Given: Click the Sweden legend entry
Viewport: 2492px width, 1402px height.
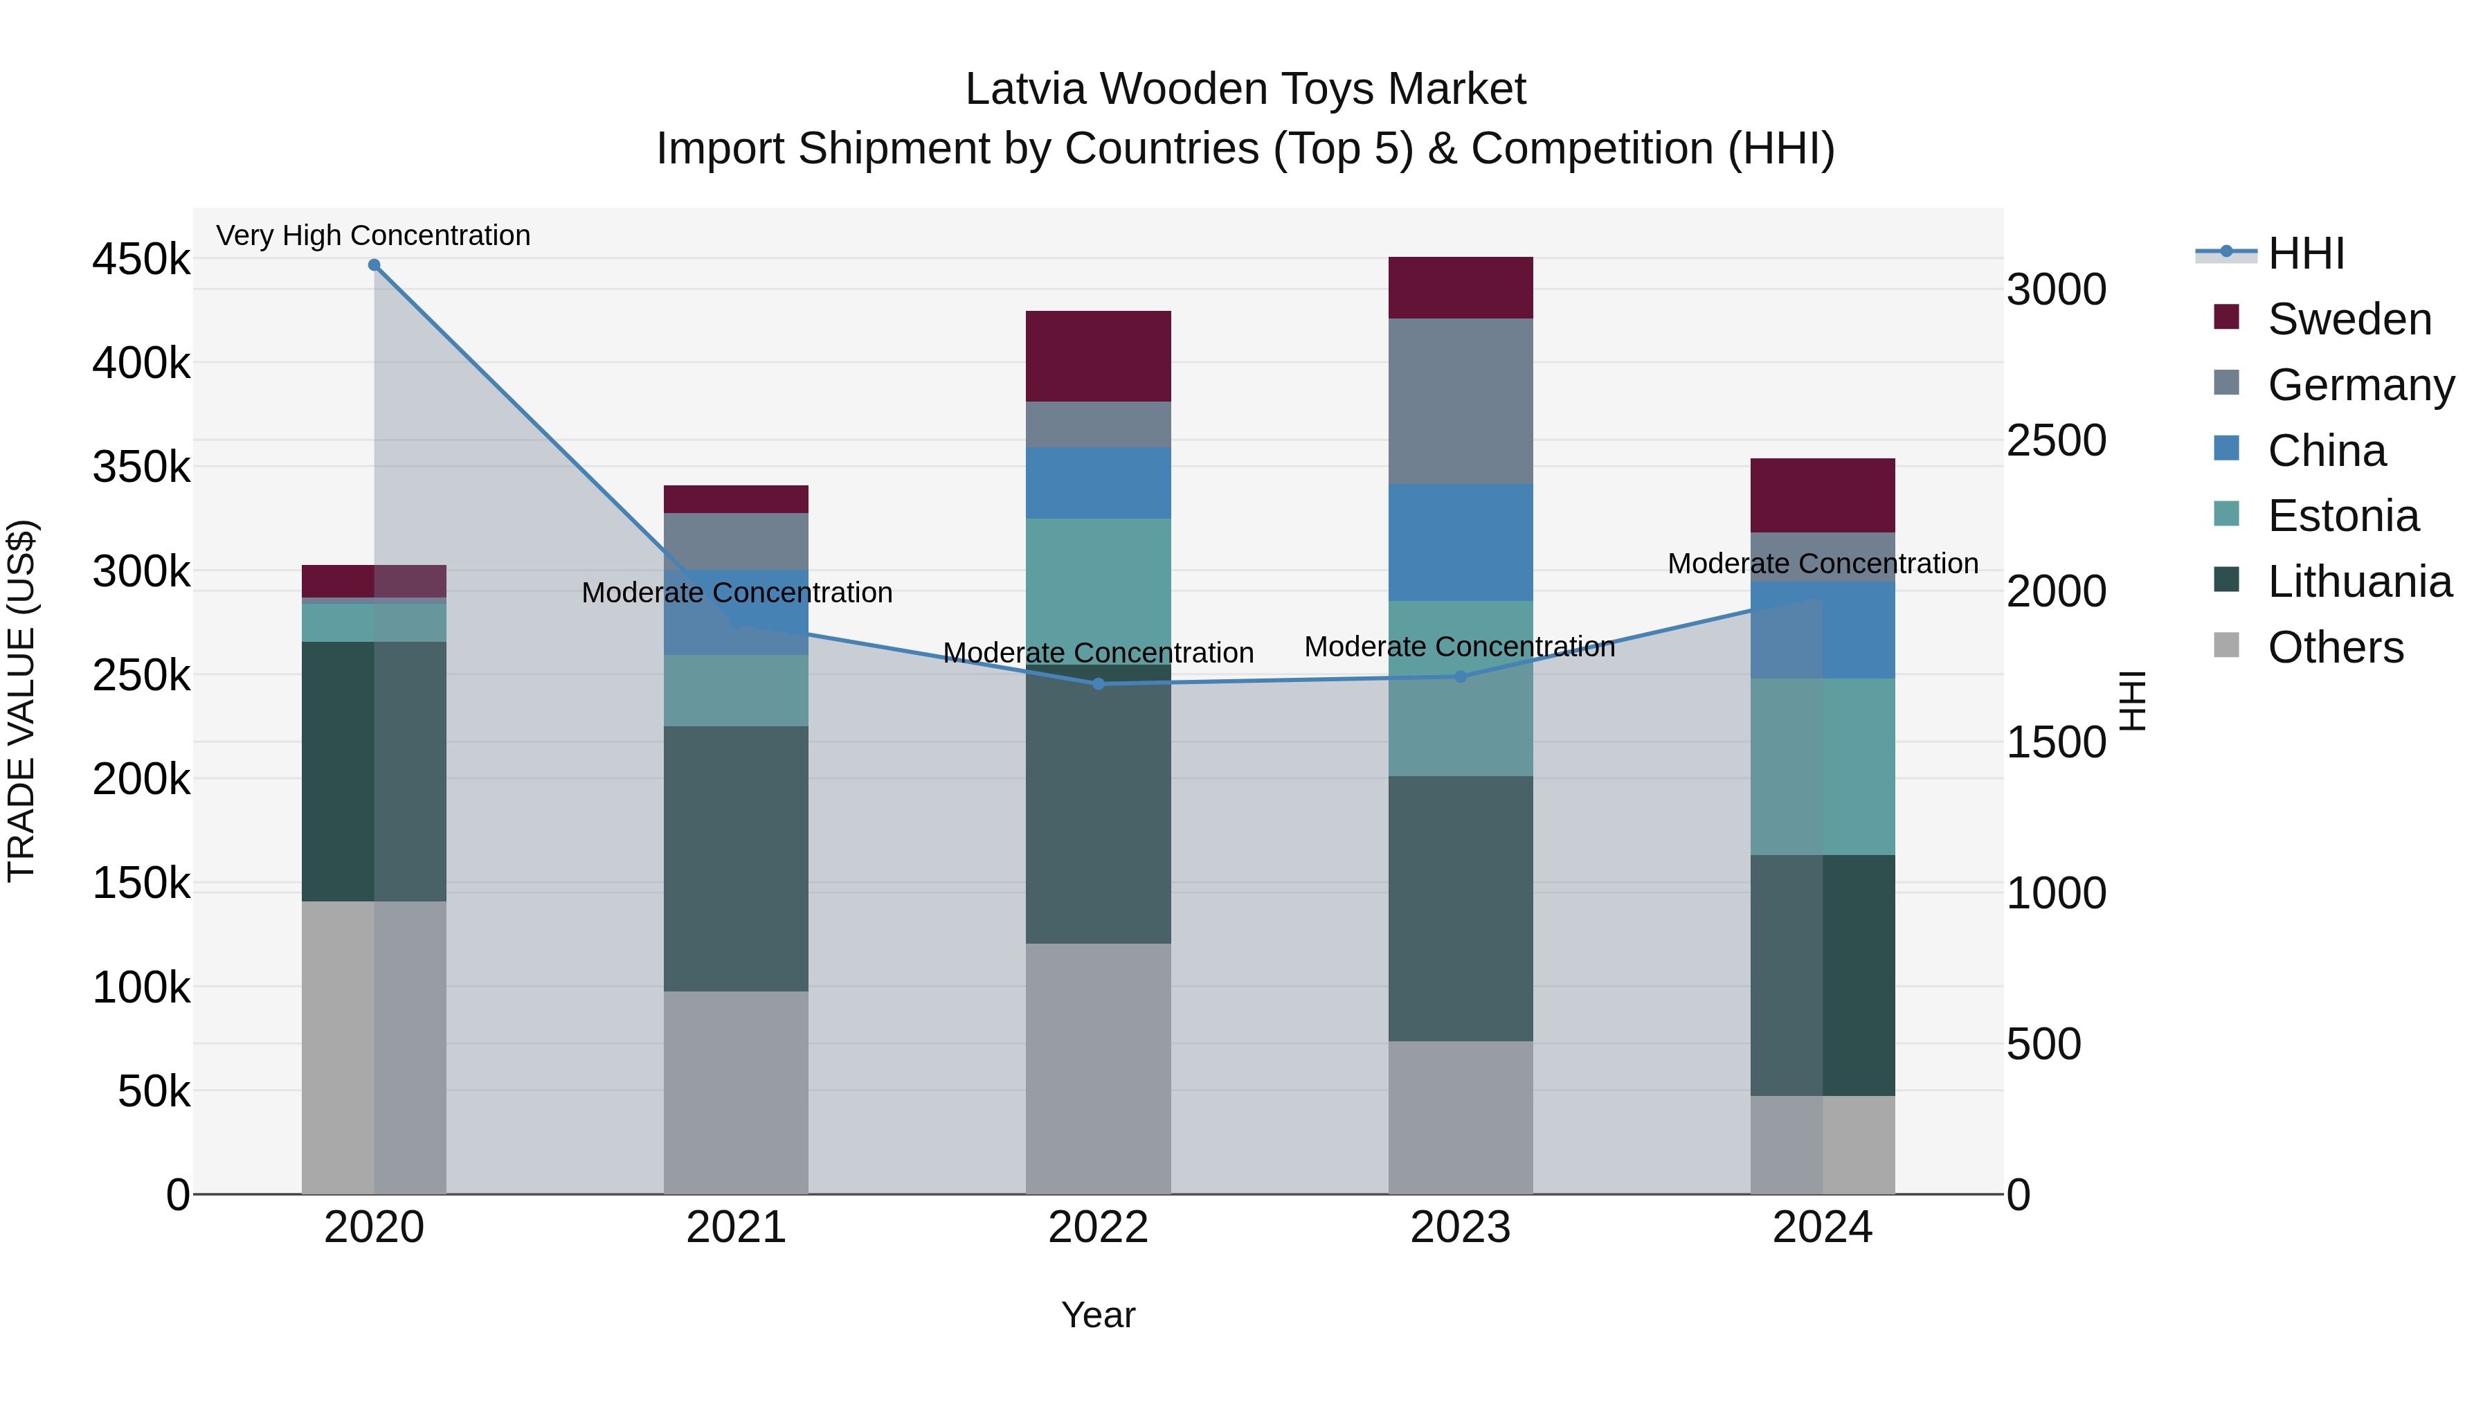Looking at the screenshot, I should pyautogui.click(x=2349, y=319).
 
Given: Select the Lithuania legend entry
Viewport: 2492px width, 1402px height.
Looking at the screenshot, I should pyautogui.click(x=2358, y=582).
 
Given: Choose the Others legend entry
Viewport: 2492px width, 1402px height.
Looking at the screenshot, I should pyautogui.click(x=2336, y=647).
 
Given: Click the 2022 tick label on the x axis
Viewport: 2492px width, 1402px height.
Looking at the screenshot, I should pyautogui.click(x=1098, y=1227).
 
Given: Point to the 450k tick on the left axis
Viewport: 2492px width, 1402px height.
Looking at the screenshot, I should pyautogui.click(x=141, y=260).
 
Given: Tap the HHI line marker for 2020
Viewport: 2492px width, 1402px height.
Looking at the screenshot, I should pyautogui.click(x=374, y=265).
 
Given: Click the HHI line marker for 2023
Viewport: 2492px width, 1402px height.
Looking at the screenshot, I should pyautogui.click(x=1461, y=676).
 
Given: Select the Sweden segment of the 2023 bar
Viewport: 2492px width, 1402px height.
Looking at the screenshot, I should pyautogui.click(x=1461, y=287).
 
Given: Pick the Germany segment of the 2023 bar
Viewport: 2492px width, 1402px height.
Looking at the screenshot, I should pyautogui.click(x=1461, y=401).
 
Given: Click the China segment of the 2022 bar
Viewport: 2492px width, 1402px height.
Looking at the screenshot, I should pyautogui.click(x=1098, y=482).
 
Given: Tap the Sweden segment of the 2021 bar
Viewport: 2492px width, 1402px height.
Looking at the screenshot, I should pyautogui.click(x=737, y=499).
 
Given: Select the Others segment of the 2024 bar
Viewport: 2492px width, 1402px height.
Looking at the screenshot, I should pyautogui.click(x=1823, y=1144).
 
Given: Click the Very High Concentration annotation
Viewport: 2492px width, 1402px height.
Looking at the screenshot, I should pyautogui.click(x=373, y=235).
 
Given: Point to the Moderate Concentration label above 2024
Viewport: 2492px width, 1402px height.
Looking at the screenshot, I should pyautogui.click(x=1823, y=563).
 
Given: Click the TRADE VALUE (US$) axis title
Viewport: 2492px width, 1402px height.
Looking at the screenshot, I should pyautogui.click(x=21, y=701).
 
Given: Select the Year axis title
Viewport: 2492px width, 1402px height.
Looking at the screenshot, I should pyautogui.click(x=1098, y=1315).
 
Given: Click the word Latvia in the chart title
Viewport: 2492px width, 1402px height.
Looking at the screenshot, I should pyautogui.click(x=1025, y=89).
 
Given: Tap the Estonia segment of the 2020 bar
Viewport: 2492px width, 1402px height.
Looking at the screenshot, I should pyautogui.click(x=374, y=622).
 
